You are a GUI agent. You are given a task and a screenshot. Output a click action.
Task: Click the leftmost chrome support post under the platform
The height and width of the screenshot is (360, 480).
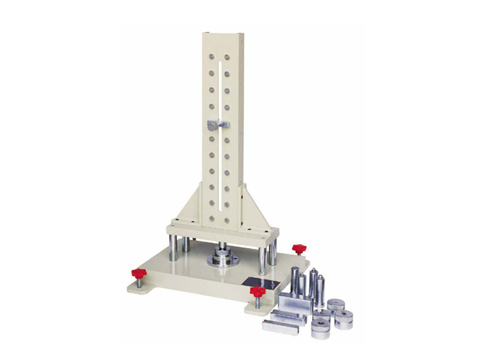click(173, 248)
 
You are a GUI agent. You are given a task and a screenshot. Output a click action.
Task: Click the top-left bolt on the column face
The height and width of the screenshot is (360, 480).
click(211, 57)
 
